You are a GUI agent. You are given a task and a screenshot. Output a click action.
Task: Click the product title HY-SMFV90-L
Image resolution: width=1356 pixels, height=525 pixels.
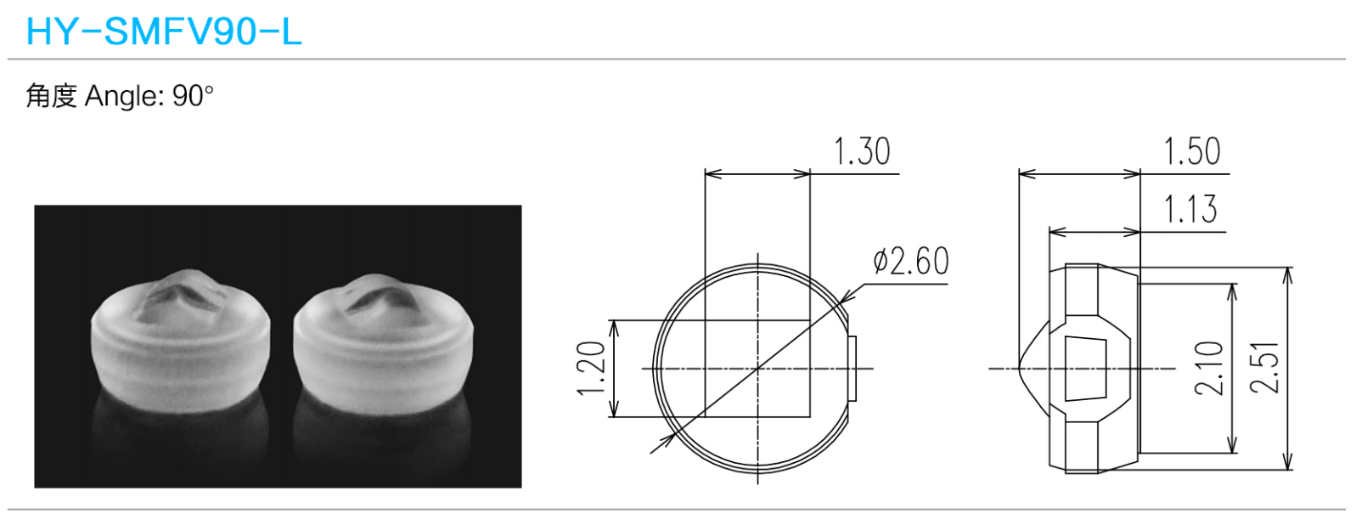[164, 31]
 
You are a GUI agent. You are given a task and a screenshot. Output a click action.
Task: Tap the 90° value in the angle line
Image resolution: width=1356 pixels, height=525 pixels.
[193, 96]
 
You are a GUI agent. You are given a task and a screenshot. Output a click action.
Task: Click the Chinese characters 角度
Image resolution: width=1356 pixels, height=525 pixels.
[52, 96]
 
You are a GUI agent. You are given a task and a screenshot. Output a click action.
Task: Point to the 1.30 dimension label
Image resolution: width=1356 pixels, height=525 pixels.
[862, 151]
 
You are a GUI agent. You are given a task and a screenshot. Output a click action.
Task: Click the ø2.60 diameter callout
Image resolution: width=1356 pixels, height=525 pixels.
[911, 262]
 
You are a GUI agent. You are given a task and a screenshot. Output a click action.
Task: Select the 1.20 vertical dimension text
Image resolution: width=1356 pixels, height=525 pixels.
[591, 368]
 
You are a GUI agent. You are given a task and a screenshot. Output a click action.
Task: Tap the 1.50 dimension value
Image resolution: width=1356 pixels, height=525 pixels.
[1192, 151]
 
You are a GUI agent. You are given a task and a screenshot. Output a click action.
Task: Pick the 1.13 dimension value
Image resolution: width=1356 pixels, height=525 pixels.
[1190, 209]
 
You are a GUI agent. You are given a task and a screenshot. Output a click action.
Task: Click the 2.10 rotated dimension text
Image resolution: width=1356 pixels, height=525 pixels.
[1208, 368]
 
